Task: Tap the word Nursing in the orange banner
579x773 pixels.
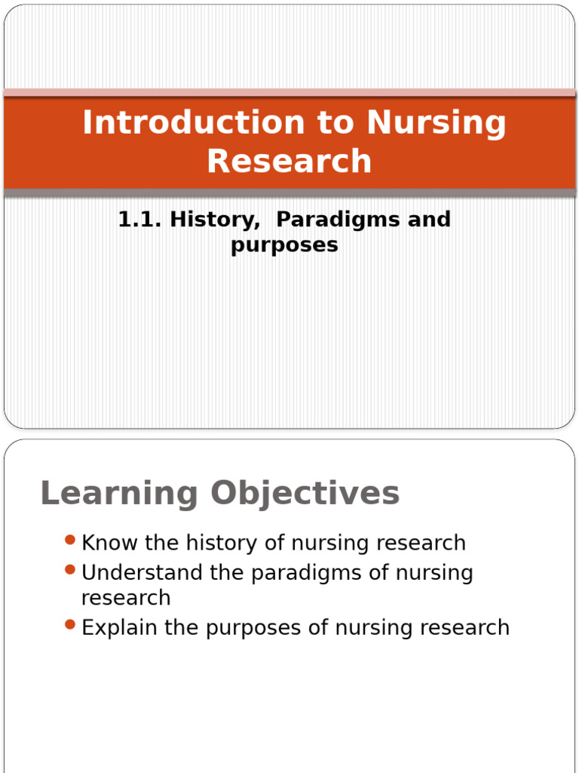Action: pyautogui.click(x=437, y=123)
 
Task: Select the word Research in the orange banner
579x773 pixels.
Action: pyautogui.click(x=289, y=161)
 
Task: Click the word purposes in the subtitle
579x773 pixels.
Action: pyautogui.click(x=284, y=245)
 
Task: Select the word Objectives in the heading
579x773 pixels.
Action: pyautogui.click(x=305, y=494)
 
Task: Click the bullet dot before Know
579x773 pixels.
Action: pyautogui.click(x=70, y=540)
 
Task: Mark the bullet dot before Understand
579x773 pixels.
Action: pyautogui.click(x=70, y=569)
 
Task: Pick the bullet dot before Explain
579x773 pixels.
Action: pyautogui.click(x=70, y=624)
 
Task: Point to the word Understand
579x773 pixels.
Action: pyautogui.click(x=142, y=573)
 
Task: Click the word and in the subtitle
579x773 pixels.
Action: pyautogui.click(x=427, y=220)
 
